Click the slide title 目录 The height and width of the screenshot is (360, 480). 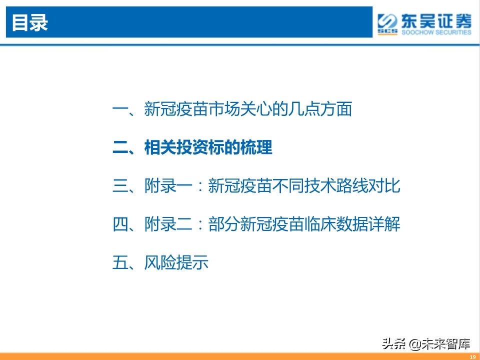[29, 23]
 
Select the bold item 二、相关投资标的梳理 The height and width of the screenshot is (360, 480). [192, 148]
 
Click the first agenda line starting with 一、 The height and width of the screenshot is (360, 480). [232, 109]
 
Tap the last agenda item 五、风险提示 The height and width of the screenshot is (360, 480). [160, 262]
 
